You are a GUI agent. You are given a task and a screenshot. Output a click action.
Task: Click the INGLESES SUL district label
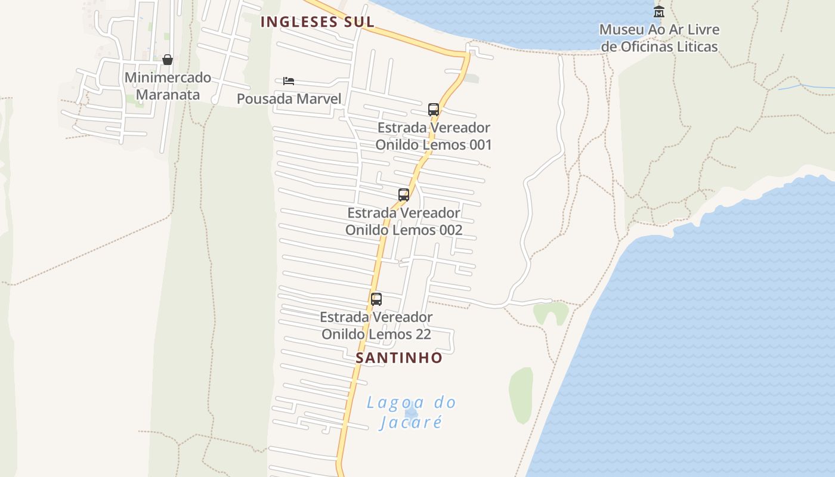click(x=317, y=22)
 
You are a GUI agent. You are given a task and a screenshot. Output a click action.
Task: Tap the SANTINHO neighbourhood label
click(x=399, y=358)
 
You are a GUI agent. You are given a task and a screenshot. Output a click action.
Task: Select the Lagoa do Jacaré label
click(x=412, y=412)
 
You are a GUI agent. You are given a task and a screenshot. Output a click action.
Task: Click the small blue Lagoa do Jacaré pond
click(x=411, y=411)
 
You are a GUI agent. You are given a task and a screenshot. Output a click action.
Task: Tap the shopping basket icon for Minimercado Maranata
click(x=168, y=60)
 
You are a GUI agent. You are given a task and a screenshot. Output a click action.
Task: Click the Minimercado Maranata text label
click(x=168, y=86)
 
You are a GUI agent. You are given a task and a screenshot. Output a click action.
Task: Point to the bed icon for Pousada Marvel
click(x=289, y=80)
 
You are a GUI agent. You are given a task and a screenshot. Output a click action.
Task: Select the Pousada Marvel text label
click(x=289, y=99)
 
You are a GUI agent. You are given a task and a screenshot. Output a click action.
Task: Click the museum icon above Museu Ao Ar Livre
click(x=659, y=11)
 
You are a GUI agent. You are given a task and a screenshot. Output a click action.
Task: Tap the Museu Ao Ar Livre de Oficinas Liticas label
click(x=659, y=38)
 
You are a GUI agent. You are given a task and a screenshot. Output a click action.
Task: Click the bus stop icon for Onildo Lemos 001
click(x=434, y=110)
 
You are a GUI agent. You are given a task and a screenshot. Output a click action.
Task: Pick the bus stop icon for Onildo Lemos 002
click(x=404, y=195)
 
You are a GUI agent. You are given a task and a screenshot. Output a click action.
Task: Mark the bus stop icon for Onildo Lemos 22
click(x=376, y=299)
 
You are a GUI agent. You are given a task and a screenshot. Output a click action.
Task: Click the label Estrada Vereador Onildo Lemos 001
click(x=434, y=136)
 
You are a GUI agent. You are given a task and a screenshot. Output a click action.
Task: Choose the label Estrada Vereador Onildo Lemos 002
click(x=404, y=221)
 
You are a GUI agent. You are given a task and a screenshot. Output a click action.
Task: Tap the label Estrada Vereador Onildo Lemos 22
click(x=376, y=326)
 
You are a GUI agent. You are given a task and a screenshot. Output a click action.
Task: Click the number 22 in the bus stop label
click(x=422, y=334)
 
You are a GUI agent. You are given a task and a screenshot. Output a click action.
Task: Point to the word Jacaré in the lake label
click(x=412, y=422)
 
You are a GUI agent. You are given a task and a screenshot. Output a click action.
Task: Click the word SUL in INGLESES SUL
click(x=357, y=22)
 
